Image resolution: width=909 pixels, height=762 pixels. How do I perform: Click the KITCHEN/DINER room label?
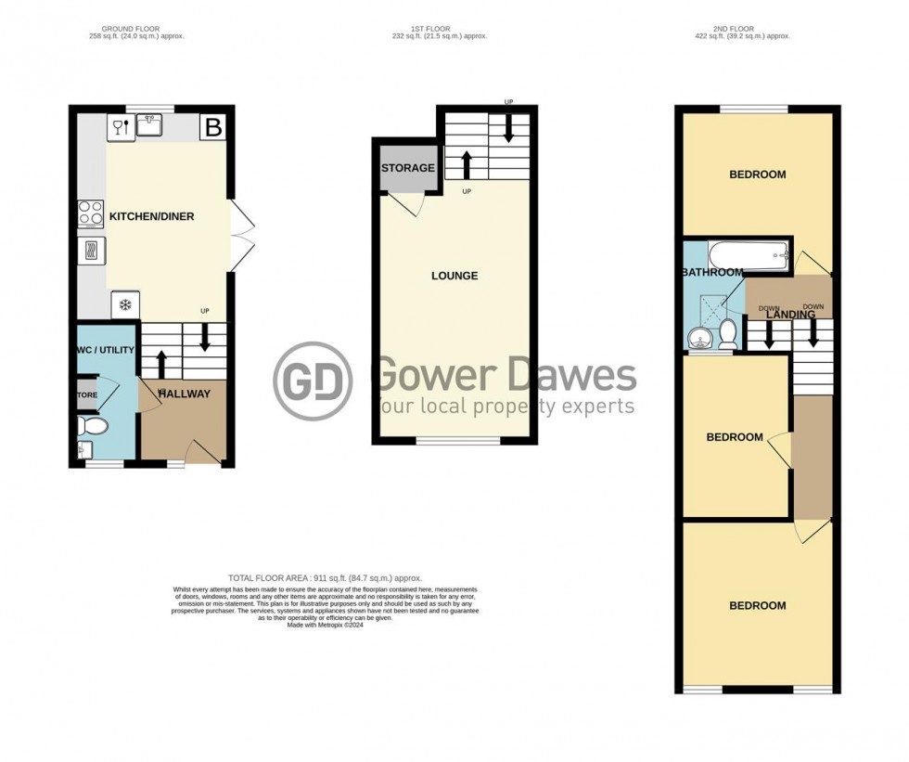pyautogui.click(x=152, y=216)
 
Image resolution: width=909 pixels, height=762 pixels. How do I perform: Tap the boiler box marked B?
pyautogui.click(x=212, y=129)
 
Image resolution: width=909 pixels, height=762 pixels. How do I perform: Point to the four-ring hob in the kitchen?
pyautogui.click(x=91, y=213)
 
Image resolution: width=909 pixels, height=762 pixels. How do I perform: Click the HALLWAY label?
pyautogui.click(x=184, y=394)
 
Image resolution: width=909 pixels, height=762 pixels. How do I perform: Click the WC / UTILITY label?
pyautogui.click(x=107, y=349)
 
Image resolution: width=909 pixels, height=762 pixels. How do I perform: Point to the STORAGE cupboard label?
pyautogui.click(x=407, y=168)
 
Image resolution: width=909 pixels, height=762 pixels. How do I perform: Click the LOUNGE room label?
pyautogui.click(x=454, y=276)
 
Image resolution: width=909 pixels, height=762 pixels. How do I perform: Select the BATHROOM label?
pyautogui.click(x=711, y=272)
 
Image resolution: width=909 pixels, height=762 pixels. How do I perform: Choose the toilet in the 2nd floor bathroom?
pyautogui.click(x=727, y=330)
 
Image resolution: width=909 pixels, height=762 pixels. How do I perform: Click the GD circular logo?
pyautogui.click(x=313, y=381)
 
